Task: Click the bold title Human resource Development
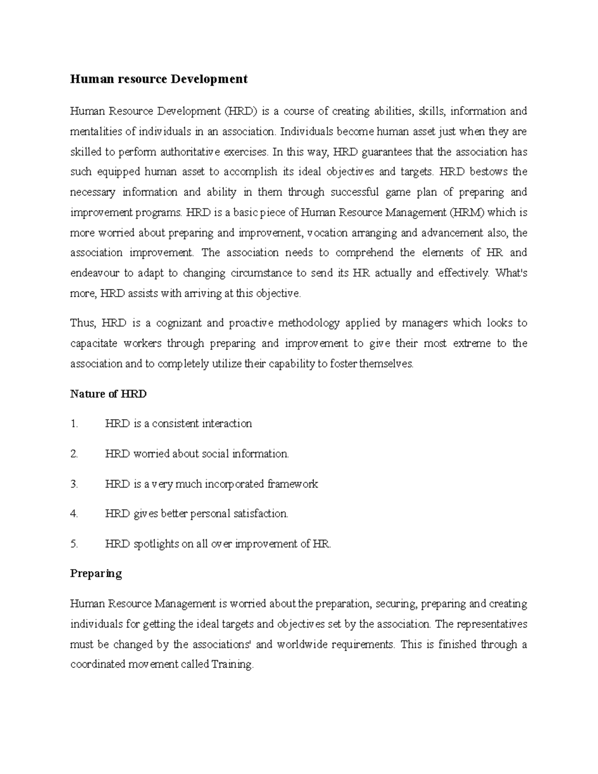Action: (x=158, y=79)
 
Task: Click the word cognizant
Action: (x=178, y=323)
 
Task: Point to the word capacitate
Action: (x=93, y=343)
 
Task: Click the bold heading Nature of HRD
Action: (x=108, y=394)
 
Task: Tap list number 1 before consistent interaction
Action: (x=74, y=424)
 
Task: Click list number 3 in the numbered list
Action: (x=74, y=484)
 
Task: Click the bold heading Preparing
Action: (x=96, y=574)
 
